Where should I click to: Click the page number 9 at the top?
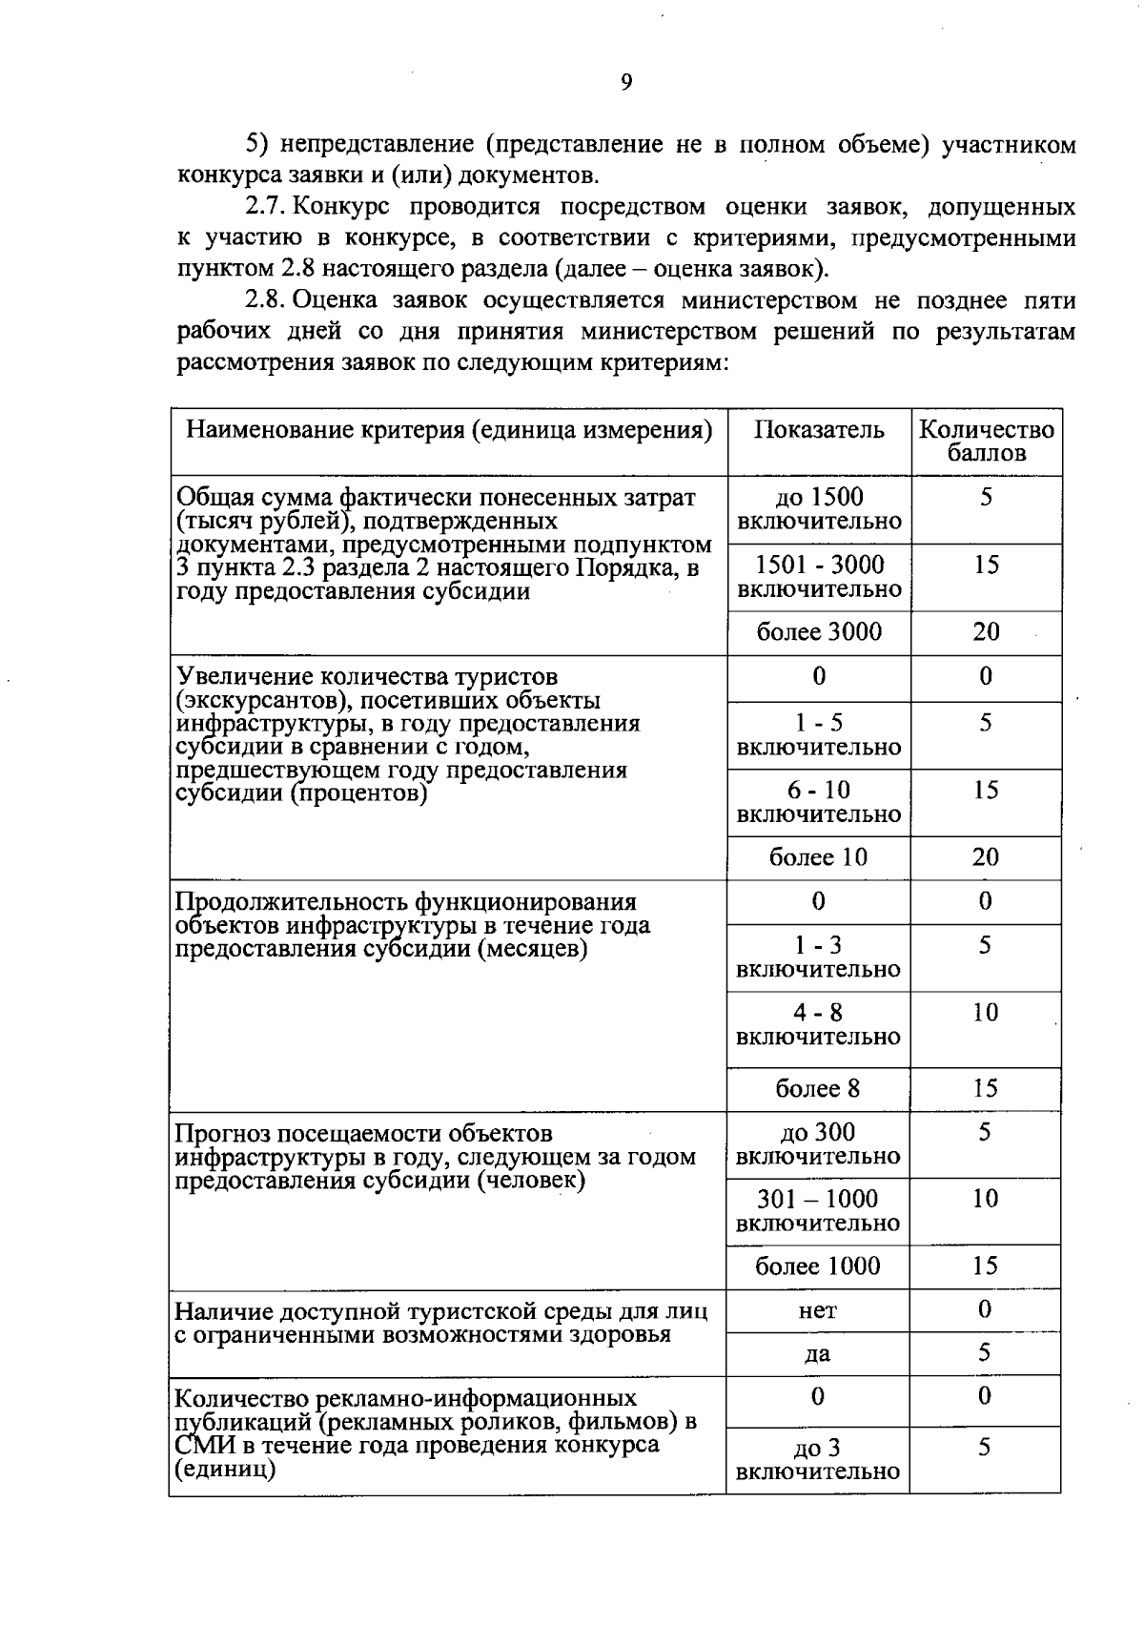(x=626, y=82)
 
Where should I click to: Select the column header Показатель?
(x=819, y=430)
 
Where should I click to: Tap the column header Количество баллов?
(x=987, y=441)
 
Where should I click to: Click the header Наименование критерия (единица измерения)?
(x=449, y=430)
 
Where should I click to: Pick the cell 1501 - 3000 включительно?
(x=819, y=577)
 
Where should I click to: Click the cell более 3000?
(x=819, y=632)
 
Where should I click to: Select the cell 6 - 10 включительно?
(x=819, y=802)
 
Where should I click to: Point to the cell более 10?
(x=819, y=857)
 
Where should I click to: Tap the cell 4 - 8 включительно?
(x=819, y=1024)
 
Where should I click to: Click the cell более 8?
(x=818, y=1089)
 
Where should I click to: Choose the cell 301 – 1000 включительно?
(x=818, y=1210)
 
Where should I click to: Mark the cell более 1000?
(x=818, y=1266)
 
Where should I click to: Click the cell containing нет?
(x=818, y=1310)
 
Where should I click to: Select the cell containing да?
(x=818, y=1354)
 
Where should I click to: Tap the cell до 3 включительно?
(x=818, y=1459)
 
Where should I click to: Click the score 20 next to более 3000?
(x=986, y=632)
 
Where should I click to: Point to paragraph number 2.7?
(x=266, y=207)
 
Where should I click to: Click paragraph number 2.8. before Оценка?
(x=266, y=300)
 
